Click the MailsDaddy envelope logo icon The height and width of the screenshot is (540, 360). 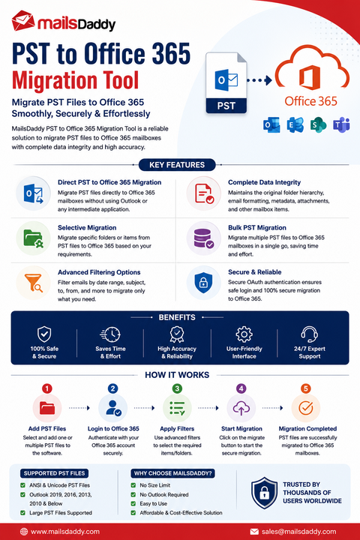coord(23,21)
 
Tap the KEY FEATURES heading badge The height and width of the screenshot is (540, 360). coord(177,164)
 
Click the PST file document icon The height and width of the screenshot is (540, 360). coord(226,82)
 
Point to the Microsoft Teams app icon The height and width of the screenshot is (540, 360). coord(341,124)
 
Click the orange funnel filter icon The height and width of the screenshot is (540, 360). coord(34,283)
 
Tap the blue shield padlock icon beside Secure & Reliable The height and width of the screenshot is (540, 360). coord(203,283)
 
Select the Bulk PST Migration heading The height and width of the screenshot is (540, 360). coord(257,228)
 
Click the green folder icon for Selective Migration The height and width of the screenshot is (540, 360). coord(34,238)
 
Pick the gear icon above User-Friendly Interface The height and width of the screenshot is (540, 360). coord(244,334)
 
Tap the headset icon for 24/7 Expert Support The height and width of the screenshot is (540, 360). coord(309,334)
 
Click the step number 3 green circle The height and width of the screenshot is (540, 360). coord(177,388)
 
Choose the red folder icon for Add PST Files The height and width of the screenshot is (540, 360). coord(47,408)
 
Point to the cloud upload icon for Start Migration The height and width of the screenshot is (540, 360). coord(241,408)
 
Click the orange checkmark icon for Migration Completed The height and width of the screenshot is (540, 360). coord(305,408)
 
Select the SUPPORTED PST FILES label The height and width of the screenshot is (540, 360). coord(54,473)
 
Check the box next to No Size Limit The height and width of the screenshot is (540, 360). coord(133,485)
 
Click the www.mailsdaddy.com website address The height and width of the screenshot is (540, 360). coord(65,532)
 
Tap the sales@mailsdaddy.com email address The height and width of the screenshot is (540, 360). coord(298,532)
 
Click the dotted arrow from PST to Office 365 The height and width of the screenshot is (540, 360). coord(259,80)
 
